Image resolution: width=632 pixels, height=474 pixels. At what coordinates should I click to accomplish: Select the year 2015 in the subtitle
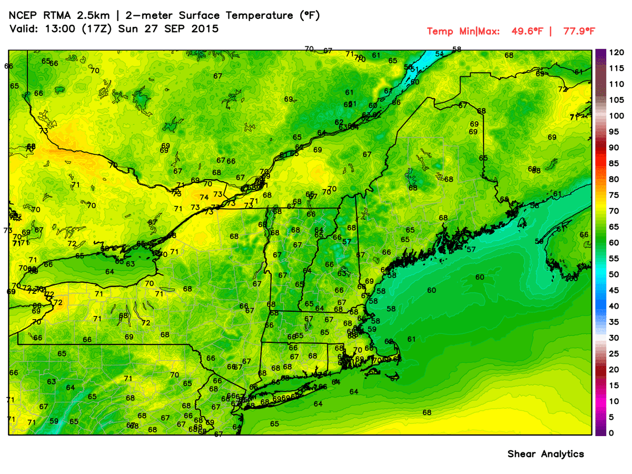[206, 29]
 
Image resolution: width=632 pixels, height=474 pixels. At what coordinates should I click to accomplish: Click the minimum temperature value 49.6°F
[527, 31]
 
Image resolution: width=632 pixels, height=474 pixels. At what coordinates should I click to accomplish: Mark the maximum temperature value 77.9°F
[578, 31]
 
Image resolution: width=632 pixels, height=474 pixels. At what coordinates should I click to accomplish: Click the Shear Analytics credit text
[546, 453]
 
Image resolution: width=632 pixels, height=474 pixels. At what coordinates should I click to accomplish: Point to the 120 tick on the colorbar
[617, 52]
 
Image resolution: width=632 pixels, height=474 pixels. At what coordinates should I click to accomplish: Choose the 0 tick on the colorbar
[611, 433]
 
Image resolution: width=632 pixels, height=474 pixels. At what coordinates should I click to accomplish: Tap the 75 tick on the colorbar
[614, 195]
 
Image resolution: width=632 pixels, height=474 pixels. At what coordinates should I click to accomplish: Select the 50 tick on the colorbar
[614, 274]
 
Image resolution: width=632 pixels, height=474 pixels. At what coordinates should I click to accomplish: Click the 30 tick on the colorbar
[614, 338]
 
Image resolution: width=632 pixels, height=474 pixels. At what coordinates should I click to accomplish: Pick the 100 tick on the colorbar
[617, 116]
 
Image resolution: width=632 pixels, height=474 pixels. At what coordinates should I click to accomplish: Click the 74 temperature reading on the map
[204, 197]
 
